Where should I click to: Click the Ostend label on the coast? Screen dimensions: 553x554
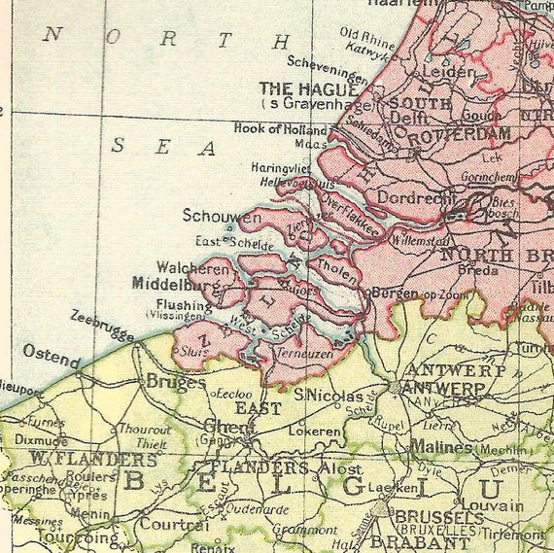[x=51, y=356]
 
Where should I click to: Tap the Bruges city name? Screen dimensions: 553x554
[x=175, y=382]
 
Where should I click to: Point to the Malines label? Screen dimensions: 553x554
[x=441, y=447]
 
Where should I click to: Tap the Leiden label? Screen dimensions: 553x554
[x=446, y=71]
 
